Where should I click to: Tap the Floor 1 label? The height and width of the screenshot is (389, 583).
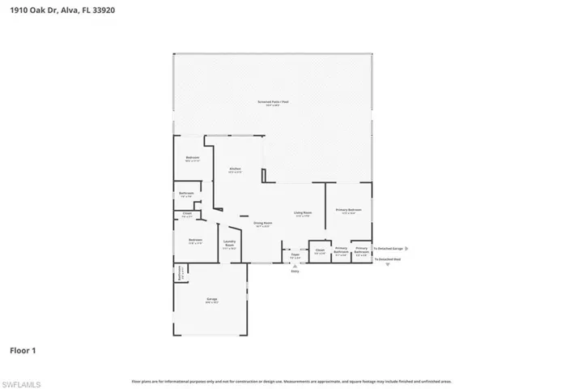click(23, 350)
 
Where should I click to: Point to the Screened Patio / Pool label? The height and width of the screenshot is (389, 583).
click(273, 103)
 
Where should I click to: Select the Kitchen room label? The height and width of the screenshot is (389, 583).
click(235, 169)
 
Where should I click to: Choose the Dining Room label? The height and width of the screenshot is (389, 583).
click(262, 224)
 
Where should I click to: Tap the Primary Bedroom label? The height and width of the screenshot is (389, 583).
click(348, 210)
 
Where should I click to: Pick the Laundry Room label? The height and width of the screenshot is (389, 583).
click(229, 246)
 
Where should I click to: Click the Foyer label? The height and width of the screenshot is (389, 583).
click(296, 255)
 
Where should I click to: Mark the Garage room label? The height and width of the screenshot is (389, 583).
click(211, 301)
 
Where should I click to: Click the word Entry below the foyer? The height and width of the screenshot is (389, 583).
click(296, 271)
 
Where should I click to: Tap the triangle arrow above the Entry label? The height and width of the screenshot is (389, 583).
click(296, 265)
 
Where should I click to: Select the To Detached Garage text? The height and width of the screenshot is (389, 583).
click(388, 249)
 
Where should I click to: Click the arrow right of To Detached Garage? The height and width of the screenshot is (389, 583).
click(406, 249)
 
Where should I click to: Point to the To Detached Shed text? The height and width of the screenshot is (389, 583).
click(386, 259)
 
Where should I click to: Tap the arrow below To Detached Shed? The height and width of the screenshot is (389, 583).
click(387, 265)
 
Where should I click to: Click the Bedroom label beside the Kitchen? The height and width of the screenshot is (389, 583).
click(193, 158)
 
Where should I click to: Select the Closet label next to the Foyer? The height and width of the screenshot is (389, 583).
click(320, 251)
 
